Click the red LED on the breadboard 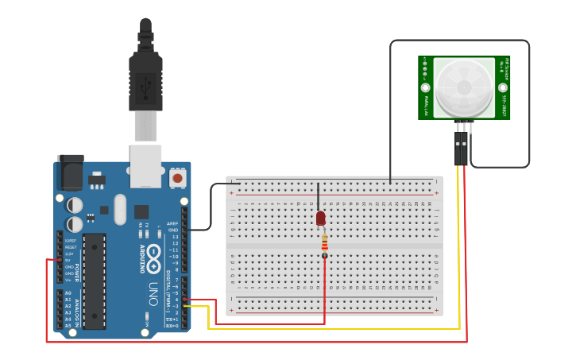tap(320, 218)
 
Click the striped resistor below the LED tap(324, 243)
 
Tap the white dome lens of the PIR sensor tap(464, 87)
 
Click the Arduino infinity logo tap(153, 257)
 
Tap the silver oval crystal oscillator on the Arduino tap(120, 209)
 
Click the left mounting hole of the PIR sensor tap(425, 87)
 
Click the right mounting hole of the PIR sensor tap(503, 87)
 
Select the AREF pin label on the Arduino tap(172, 223)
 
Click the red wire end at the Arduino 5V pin tap(60, 260)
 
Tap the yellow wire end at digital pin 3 tap(185, 306)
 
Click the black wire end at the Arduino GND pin tap(185, 230)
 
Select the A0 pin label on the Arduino tap(68, 293)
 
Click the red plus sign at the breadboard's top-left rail tap(232, 193)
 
